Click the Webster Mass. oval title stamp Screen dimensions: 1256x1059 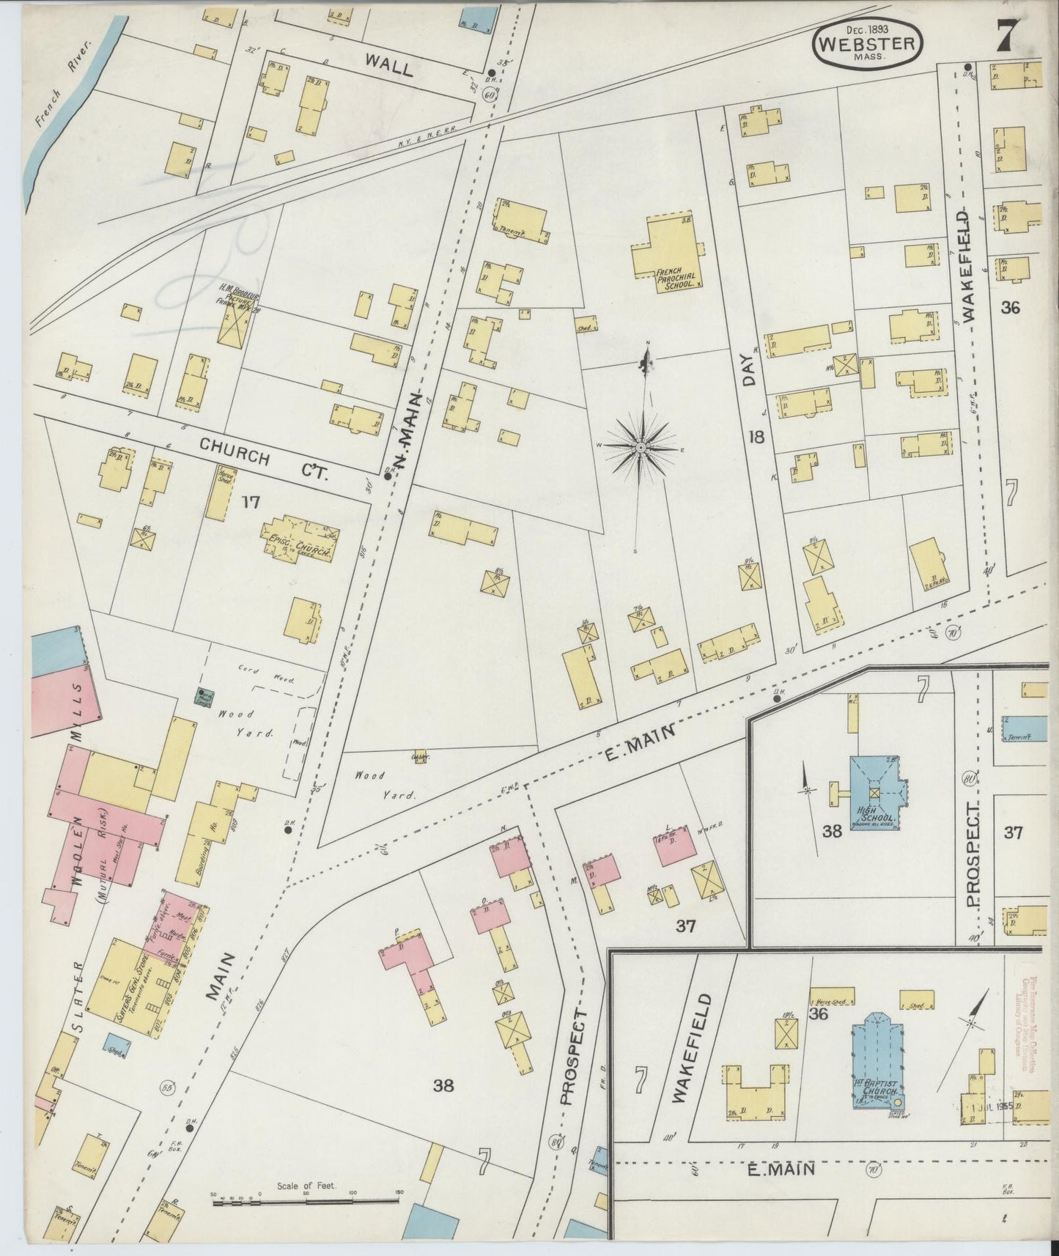(x=867, y=44)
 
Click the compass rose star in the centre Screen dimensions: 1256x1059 (x=641, y=447)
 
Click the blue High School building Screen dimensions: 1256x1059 (x=876, y=794)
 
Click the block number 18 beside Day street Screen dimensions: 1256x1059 (x=756, y=437)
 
